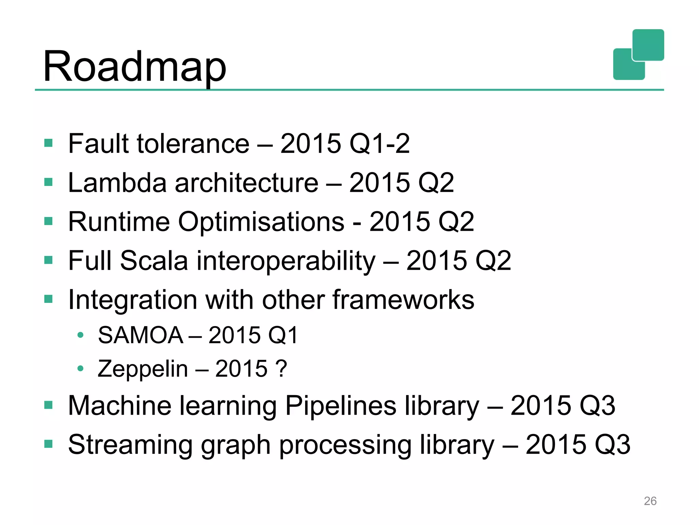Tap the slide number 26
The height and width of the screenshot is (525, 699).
point(650,501)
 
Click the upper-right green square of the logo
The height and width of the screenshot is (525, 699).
point(648,45)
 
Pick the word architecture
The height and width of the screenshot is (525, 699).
point(246,183)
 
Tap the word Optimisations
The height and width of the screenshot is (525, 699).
point(261,222)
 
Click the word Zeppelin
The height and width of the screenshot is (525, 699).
point(143,369)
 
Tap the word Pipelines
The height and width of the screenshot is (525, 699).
point(341,406)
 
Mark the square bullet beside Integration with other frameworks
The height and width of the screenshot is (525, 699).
point(48,299)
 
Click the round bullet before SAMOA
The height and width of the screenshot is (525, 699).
point(81,335)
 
